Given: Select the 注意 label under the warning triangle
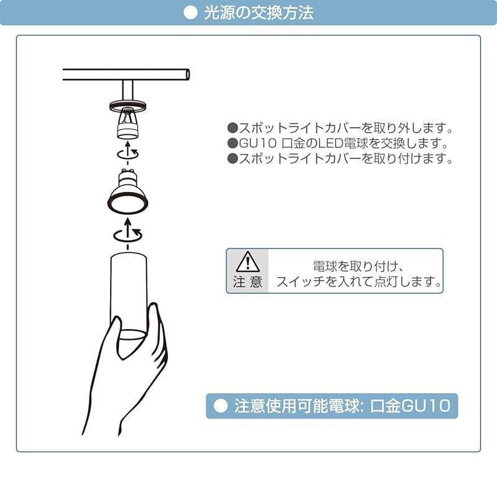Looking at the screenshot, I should pyautogui.click(x=248, y=282).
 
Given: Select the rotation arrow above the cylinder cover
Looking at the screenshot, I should pyautogui.click(x=128, y=234).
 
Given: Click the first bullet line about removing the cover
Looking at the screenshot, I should pyautogui.click(x=339, y=129).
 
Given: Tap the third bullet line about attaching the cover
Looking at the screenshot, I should pyautogui.click(x=339, y=158).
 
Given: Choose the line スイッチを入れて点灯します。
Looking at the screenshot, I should pyautogui.click(x=359, y=282).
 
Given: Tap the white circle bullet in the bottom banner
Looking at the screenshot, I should pyautogui.click(x=221, y=407).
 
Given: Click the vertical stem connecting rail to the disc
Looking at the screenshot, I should pyautogui.click(x=127, y=91).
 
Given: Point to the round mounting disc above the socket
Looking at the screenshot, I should pyautogui.click(x=127, y=105).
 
